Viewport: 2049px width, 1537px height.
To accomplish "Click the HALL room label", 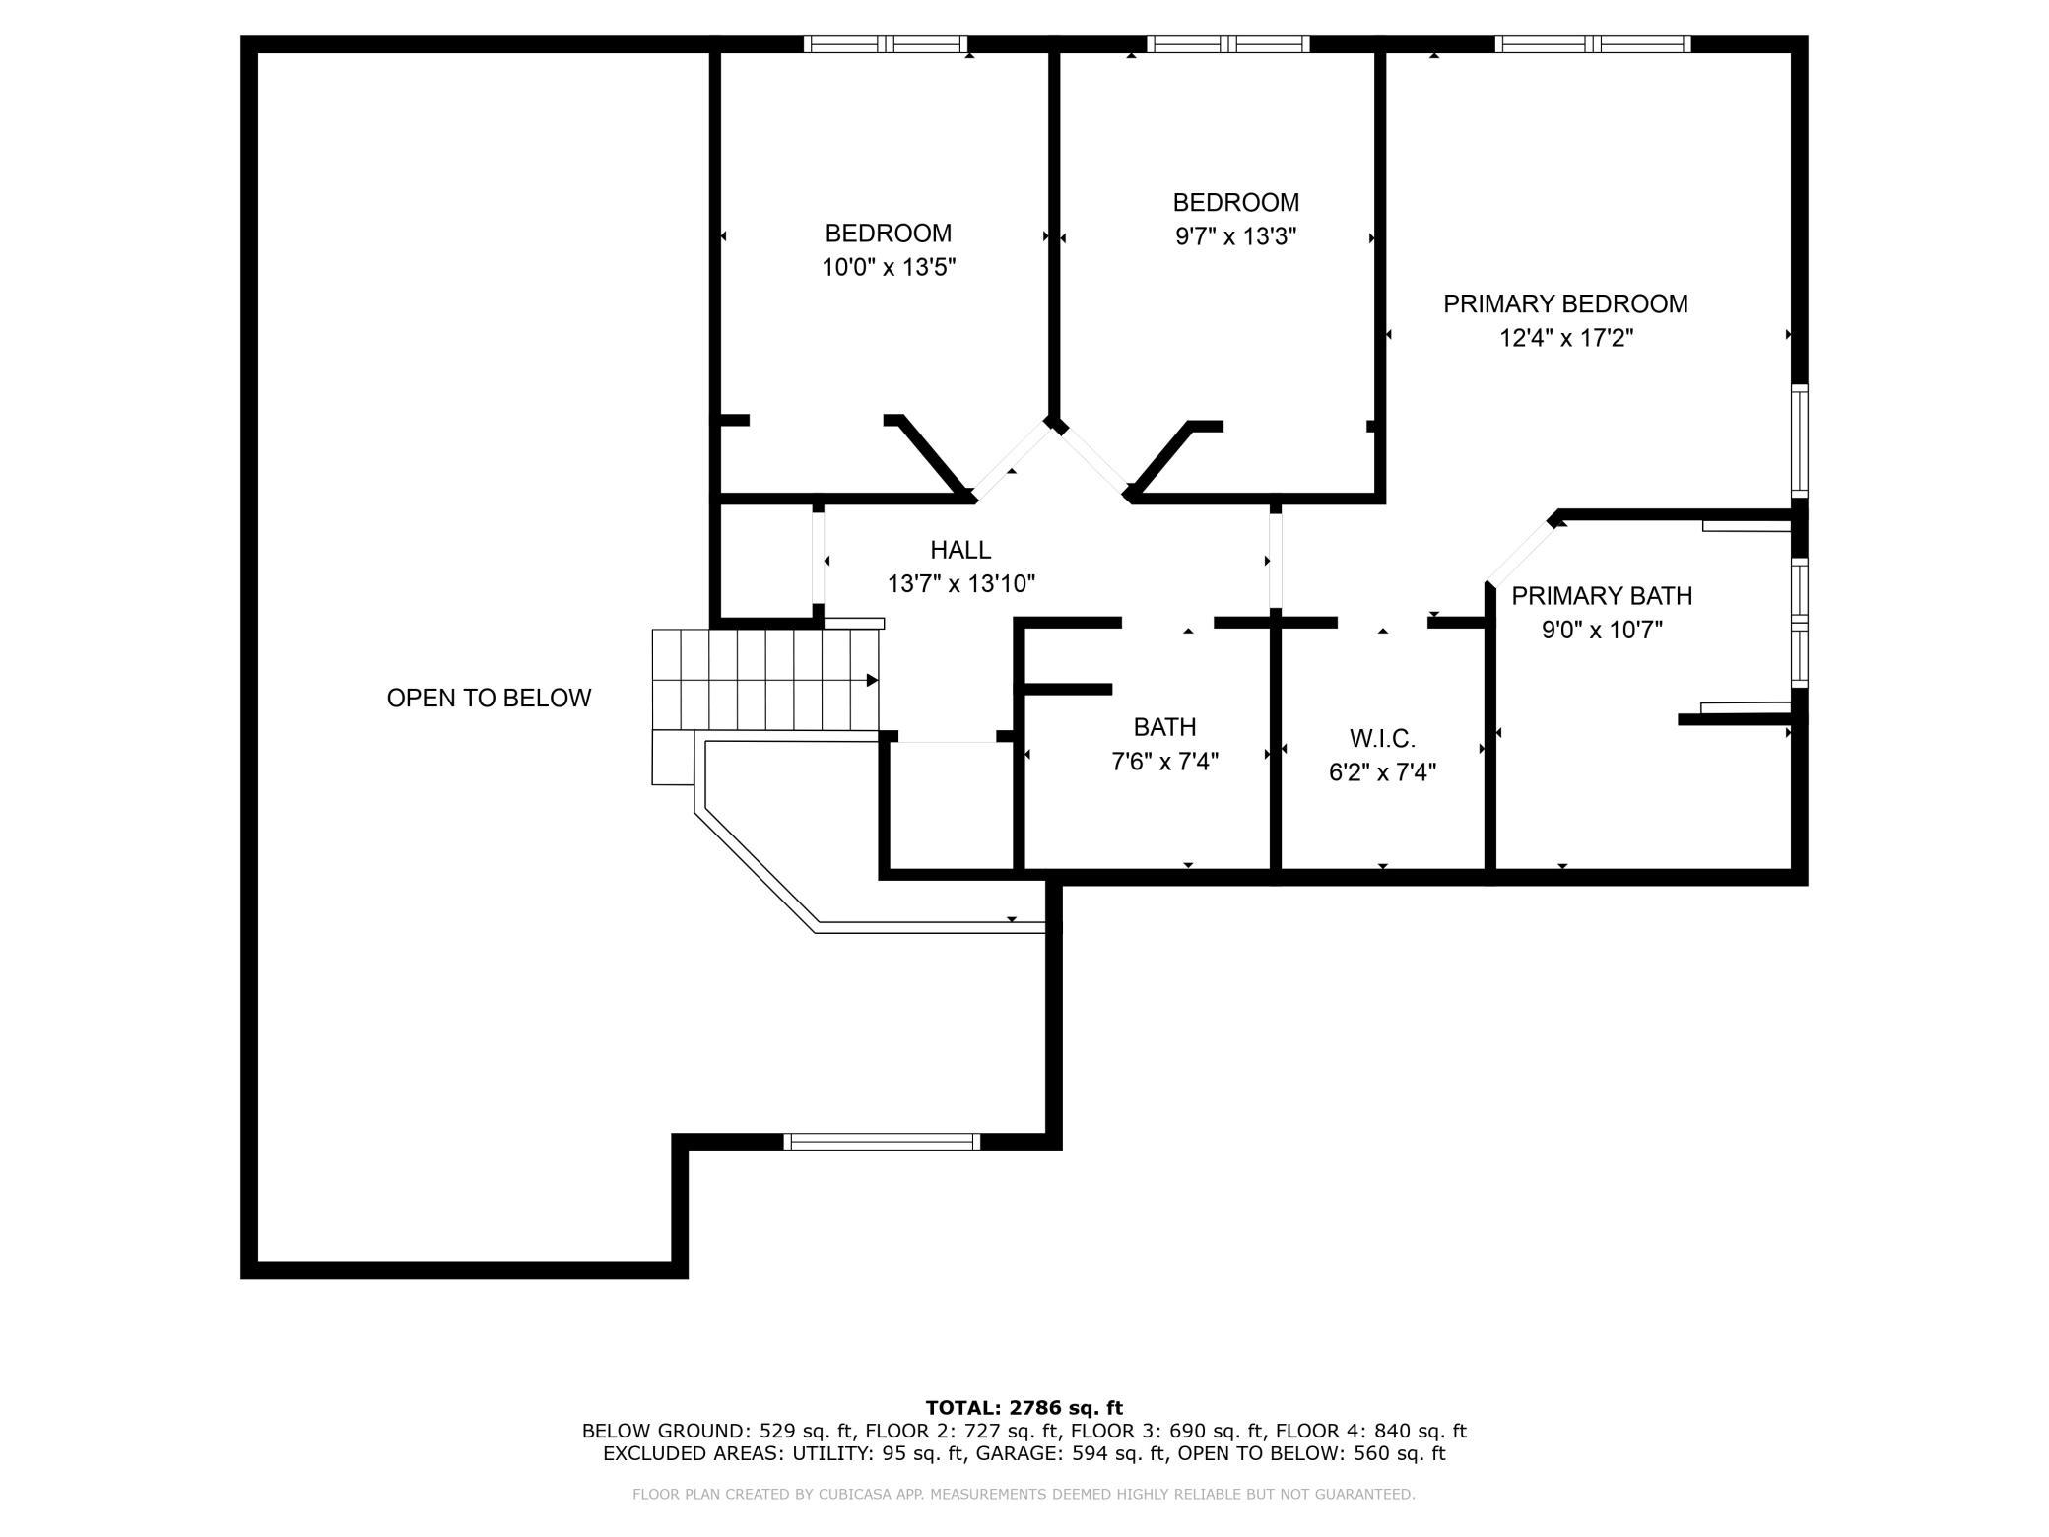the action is [960, 550].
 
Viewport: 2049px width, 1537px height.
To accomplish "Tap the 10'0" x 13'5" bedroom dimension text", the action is [890, 267].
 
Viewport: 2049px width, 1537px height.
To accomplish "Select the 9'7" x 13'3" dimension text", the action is [1236, 236].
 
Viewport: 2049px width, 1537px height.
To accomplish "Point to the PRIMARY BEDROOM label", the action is [1565, 304].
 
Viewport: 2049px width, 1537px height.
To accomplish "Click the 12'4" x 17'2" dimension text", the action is [1566, 338].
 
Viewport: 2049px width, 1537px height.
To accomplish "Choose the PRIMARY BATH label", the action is [1602, 596].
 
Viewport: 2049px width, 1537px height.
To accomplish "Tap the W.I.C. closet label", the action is [1382, 738].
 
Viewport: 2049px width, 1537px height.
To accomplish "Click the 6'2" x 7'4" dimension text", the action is [1382, 772].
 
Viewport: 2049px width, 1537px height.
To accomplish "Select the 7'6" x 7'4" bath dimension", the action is [1165, 762].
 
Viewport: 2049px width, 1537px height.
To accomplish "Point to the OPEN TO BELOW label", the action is [489, 699].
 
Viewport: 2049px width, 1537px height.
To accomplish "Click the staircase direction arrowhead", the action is [872, 680].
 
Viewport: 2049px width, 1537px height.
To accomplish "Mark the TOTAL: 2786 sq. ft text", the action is [1024, 1408].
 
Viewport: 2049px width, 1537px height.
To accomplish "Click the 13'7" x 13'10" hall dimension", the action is [960, 584].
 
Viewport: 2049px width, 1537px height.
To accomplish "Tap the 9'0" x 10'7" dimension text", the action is [1602, 630].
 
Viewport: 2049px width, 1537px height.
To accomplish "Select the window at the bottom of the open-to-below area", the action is [882, 1142].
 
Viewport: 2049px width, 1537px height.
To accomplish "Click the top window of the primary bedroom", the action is [1592, 44].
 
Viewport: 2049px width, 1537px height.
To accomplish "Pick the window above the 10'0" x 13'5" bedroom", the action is [886, 44].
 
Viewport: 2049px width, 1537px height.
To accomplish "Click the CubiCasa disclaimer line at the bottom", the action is [1024, 1495].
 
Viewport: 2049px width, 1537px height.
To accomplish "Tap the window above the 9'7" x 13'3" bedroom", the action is [1228, 44].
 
